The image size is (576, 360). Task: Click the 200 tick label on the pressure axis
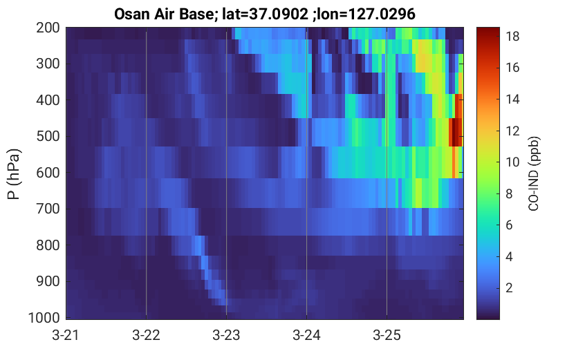pyautogui.click(x=48, y=28)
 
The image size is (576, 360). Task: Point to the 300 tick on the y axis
pyautogui.click(x=48, y=64)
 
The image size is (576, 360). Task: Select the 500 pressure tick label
pyautogui.click(x=48, y=137)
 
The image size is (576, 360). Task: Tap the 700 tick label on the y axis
pyautogui.click(x=48, y=209)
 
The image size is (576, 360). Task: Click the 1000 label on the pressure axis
pyautogui.click(x=44, y=318)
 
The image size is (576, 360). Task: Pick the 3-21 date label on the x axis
pyautogui.click(x=66, y=335)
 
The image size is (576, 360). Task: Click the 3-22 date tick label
pyautogui.click(x=146, y=335)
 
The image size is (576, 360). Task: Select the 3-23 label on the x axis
pyautogui.click(x=226, y=335)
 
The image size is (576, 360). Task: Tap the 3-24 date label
pyautogui.click(x=306, y=335)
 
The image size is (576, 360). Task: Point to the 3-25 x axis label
pyautogui.click(x=387, y=335)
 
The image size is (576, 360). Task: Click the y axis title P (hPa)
pyautogui.click(x=14, y=174)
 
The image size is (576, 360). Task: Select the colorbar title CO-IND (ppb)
pyautogui.click(x=534, y=173)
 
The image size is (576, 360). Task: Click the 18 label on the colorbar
pyautogui.click(x=512, y=37)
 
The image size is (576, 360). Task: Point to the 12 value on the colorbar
pyautogui.click(x=512, y=131)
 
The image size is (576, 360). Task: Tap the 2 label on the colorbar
pyautogui.click(x=509, y=288)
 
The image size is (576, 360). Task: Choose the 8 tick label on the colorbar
pyautogui.click(x=509, y=193)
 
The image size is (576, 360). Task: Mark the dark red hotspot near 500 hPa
pyautogui.click(x=456, y=132)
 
